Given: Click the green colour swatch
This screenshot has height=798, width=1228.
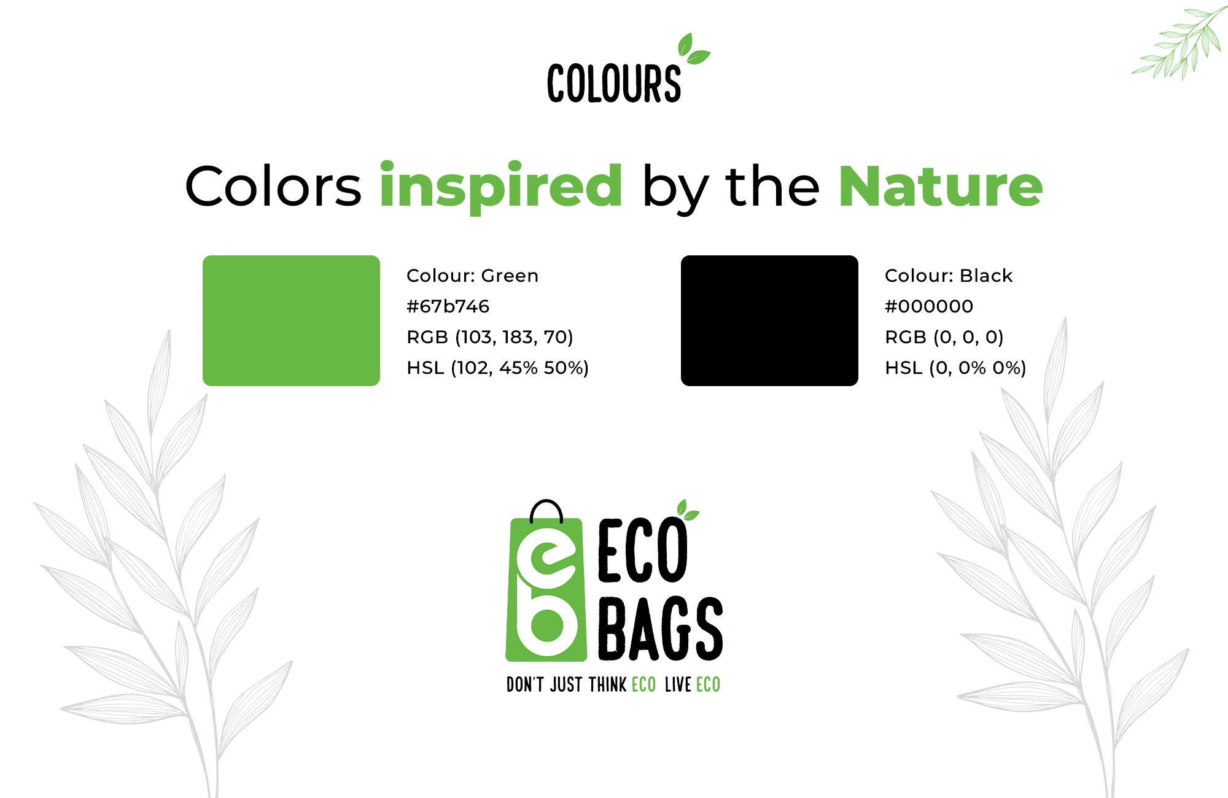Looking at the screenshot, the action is click(x=291, y=320).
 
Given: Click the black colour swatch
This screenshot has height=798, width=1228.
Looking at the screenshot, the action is click(x=769, y=320).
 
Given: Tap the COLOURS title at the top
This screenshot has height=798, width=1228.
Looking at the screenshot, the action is click(x=614, y=83).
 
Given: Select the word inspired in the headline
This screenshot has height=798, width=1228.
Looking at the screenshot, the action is click(x=501, y=187).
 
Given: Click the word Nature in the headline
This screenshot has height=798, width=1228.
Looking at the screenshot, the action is click(x=941, y=186).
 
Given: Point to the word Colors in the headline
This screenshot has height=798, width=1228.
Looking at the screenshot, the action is click(x=273, y=186).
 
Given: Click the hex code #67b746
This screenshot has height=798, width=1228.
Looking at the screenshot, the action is click(x=448, y=306).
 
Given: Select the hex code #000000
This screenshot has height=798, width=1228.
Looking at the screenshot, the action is click(x=929, y=306).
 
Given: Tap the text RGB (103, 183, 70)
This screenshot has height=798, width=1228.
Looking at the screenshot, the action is click(x=489, y=337).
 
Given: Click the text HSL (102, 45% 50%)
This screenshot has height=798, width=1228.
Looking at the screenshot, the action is click(x=497, y=368).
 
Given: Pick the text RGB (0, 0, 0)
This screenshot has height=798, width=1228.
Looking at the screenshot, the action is click(x=944, y=337).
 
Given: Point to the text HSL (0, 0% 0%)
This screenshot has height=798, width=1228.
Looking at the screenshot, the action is click(x=955, y=368).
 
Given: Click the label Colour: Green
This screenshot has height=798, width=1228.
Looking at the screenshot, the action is click(x=472, y=276).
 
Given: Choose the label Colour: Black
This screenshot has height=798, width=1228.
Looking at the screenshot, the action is click(x=949, y=276).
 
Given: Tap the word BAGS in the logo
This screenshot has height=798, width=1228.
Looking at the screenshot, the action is click(x=661, y=629).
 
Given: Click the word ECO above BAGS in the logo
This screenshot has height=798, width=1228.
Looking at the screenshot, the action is click(x=642, y=550).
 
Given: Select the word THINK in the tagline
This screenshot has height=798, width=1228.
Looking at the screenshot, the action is click(x=607, y=684).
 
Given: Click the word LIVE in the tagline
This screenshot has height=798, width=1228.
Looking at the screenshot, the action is click(x=678, y=684).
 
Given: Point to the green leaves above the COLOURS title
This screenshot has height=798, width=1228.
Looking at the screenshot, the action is click(x=693, y=49).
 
